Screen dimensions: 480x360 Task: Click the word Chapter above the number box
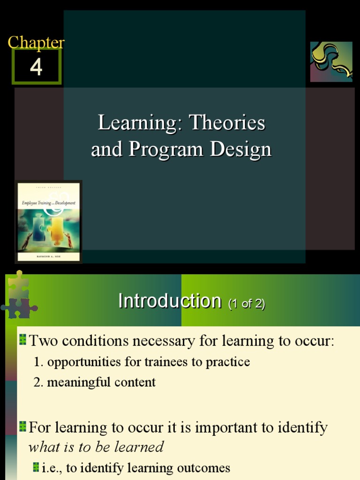[x=36, y=43]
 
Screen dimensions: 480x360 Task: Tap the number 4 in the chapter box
[x=36, y=67]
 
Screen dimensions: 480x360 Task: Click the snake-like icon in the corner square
[x=331, y=61]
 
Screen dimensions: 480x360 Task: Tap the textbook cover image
[x=49, y=222]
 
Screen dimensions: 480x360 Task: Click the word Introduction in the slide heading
[x=169, y=301]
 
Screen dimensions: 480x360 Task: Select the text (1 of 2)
[x=247, y=304]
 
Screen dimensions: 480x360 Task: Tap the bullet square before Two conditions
[x=23, y=340]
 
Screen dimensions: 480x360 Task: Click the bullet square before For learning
[x=23, y=427]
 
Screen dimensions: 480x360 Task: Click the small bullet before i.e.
[x=36, y=467]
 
